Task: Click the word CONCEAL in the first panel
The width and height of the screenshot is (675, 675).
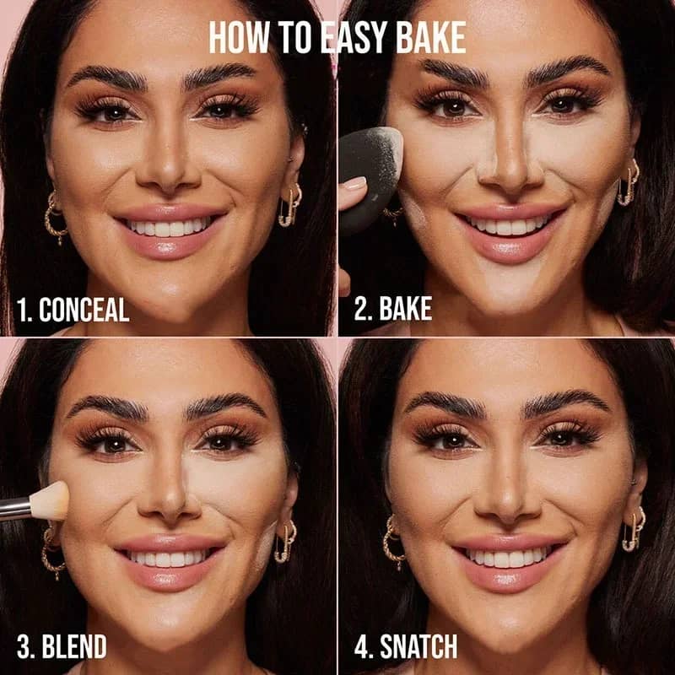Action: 84,310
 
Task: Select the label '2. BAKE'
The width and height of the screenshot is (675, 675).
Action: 392,309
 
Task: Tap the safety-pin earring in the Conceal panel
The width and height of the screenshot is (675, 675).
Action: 289,208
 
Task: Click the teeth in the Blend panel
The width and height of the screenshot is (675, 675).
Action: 168,559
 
